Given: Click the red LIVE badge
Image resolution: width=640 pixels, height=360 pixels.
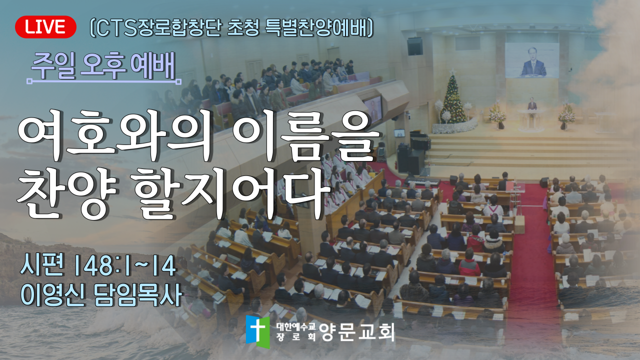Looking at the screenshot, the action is click(45, 27).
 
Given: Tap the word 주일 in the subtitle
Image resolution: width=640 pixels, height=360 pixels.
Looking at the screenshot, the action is click(53, 66).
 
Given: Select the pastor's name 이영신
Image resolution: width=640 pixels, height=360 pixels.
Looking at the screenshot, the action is click(52, 295).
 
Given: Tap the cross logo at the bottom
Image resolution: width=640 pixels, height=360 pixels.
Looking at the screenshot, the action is click(257, 332).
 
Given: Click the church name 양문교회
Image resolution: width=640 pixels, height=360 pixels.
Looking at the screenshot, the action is click(357, 332).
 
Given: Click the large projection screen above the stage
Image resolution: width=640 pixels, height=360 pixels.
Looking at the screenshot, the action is click(531, 60).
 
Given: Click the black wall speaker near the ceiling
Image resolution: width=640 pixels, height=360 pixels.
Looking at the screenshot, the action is click(415, 46).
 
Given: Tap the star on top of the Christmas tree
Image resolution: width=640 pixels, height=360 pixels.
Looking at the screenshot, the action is click(453, 71).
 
